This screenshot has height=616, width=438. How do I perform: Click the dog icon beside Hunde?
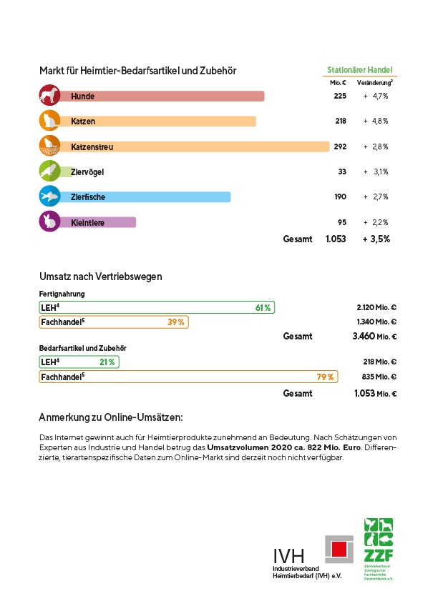click(49, 96)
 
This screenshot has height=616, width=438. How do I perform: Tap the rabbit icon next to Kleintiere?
click(49, 222)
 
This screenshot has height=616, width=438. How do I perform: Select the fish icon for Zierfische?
click(49, 197)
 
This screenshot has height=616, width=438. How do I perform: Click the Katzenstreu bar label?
click(92, 147)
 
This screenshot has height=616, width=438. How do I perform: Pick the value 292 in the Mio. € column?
click(340, 146)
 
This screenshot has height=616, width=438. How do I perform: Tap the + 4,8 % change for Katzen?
click(376, 121)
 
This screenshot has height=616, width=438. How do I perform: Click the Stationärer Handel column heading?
click(360, 70)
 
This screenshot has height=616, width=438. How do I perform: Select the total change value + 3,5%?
click(376, 239)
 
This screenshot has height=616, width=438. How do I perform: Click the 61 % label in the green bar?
click(263, 307)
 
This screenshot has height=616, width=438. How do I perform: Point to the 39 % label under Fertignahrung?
click(176, 322)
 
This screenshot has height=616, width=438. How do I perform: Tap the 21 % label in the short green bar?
click(107, 362)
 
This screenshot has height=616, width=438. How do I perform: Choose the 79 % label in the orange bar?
click(326, 377)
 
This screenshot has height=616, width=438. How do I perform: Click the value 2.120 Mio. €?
click(376, 307)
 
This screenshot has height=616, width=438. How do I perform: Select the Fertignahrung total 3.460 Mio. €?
click(376, 336)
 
